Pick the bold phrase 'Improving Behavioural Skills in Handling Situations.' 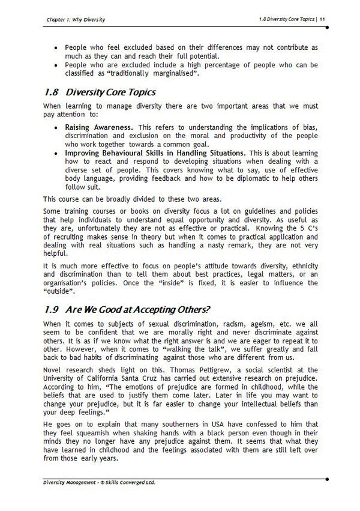tap(155, 153)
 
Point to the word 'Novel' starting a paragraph tap(52, 370)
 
